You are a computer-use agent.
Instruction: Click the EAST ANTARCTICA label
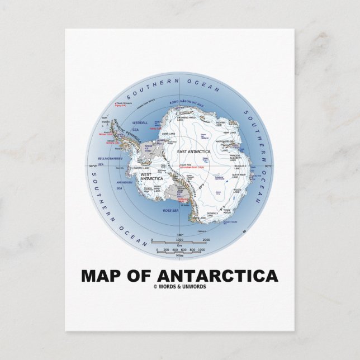click(x=193, y=151)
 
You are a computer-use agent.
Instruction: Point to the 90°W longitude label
click(x=91, y=166)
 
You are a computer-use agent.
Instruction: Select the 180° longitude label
click(x=180, y=235)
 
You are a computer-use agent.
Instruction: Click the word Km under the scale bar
click(x=179, y=245)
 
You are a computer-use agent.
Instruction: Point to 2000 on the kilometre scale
click(x=206, y=239)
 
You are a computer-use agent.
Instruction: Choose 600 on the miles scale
click(x=183, y=250)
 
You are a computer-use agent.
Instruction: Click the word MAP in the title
click(x=102, y=276)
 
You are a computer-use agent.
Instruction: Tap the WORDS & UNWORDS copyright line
click(x=179, y=287)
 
